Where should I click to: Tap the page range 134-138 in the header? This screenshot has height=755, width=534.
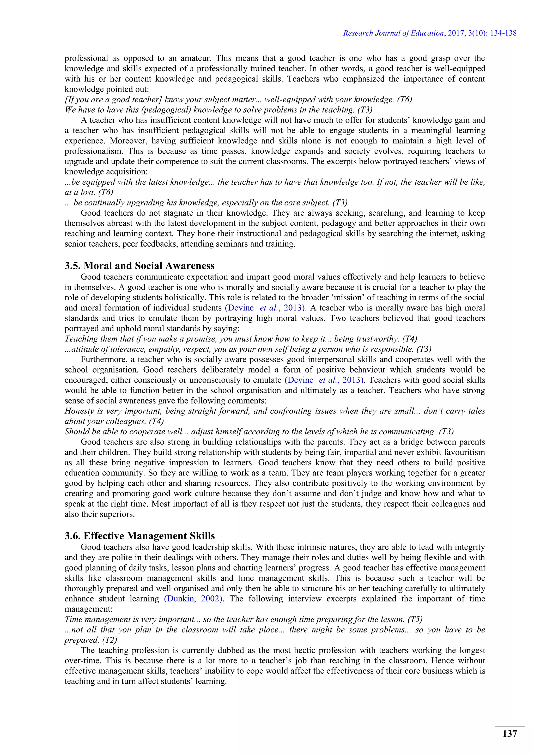point(503,33)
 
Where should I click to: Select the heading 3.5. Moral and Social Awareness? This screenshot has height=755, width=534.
point(139,266)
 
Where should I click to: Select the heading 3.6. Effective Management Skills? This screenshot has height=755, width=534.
point(139,536)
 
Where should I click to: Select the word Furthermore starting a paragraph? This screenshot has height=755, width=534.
point(103,360)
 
